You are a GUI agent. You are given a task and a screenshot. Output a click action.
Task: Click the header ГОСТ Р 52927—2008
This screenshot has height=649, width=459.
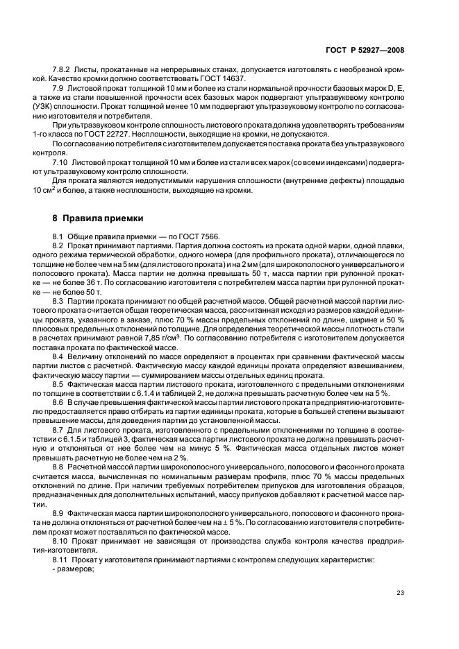(365, 50)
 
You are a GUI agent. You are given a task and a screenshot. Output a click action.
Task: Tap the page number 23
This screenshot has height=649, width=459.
(400, 592)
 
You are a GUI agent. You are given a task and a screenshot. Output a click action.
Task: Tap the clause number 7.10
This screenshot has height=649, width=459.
(62, 162)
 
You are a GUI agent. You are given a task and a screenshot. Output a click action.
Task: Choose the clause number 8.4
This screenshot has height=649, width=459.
(60, 356)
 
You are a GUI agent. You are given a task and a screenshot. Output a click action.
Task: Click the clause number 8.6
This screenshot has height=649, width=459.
(60, 401)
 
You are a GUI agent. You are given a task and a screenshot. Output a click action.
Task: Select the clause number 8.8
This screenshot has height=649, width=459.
(60, 467)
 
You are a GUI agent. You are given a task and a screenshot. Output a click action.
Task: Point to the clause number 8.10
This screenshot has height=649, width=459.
(62, 539)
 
